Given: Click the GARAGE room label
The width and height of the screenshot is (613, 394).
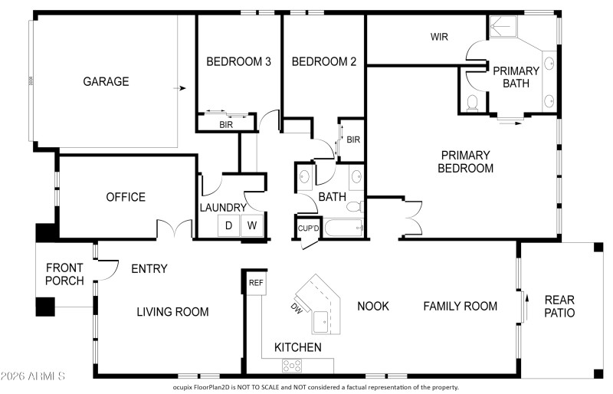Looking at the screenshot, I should [x=106, y=81].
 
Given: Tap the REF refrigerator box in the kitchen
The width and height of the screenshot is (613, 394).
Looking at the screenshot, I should [x=255, y=282].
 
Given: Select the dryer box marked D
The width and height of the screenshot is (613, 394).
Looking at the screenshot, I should [x=228, y=226].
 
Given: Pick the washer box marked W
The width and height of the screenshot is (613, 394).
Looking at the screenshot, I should [x=252, y=226].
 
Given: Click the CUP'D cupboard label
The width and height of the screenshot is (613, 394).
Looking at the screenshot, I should [x=308, y=228].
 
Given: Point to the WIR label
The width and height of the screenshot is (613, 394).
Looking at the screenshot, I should [x=439, y=37].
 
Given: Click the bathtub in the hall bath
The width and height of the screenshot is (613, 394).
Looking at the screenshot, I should [x=344, y=228].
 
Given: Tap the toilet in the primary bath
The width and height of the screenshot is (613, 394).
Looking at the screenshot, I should [x=472, y=102].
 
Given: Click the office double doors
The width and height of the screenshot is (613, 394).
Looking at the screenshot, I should [x=175, y=229].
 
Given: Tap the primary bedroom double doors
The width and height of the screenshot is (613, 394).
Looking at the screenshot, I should [x=411, y=217].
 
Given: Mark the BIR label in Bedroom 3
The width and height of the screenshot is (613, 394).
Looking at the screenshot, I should [x=226, y=123].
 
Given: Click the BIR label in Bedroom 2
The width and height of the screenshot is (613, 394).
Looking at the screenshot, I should [x=353, y=140].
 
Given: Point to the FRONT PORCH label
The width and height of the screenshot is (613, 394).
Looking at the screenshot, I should [x=64, y=274].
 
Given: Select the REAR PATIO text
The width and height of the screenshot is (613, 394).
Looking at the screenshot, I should [x=559, y=306].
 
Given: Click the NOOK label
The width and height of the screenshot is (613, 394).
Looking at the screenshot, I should [x=373, y=306].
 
